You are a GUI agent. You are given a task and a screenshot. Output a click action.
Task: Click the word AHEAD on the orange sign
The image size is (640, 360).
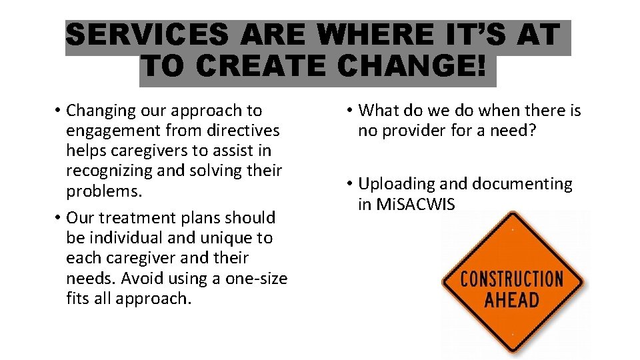(x=511, y=299)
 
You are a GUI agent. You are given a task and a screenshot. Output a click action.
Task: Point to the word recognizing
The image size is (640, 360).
(x=109, y=171)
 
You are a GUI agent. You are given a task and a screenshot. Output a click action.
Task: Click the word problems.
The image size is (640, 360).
(x=103, y=191)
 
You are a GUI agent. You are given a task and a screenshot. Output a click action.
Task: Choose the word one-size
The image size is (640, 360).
(x=257, y=278)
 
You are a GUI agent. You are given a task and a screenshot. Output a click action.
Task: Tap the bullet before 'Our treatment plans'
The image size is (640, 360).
(x=59, y=217)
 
